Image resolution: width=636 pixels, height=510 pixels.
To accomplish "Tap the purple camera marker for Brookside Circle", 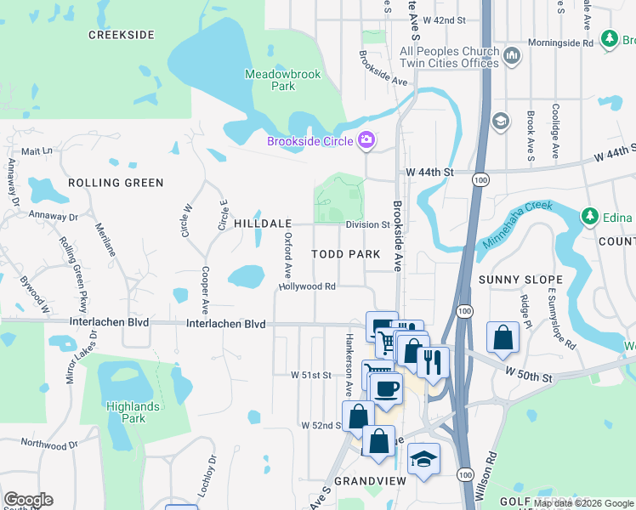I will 366,140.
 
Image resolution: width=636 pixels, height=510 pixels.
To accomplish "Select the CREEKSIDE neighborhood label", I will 122,35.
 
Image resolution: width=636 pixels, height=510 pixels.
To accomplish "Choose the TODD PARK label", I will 345,254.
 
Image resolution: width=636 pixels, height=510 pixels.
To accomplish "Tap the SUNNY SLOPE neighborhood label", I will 520,280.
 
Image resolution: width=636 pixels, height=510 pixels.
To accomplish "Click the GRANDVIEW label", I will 367,481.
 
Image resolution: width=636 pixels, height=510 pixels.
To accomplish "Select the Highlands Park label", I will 132,412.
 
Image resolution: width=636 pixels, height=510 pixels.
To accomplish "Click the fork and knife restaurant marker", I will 433,362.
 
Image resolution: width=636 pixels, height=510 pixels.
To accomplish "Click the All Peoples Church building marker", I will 512,57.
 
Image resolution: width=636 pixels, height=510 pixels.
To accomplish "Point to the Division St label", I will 366,225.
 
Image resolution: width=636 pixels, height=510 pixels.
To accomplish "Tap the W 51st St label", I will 310,374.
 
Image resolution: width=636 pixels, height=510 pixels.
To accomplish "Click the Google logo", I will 28,500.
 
